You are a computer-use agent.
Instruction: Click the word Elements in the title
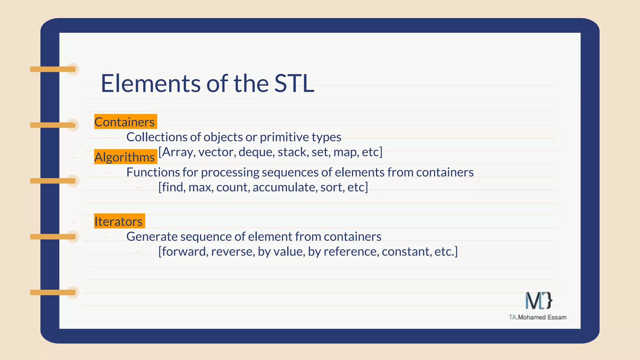(150, 83)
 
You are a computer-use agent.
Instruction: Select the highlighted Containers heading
(125, 122)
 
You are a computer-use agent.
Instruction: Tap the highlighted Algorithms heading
(125, 157)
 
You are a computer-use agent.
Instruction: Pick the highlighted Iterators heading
(119, 221)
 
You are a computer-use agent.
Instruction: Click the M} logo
(538, 301)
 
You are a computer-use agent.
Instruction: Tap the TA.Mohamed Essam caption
(537, 317)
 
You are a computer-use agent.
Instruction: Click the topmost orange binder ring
(53, 69)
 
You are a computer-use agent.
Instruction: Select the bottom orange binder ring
(53, 292)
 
